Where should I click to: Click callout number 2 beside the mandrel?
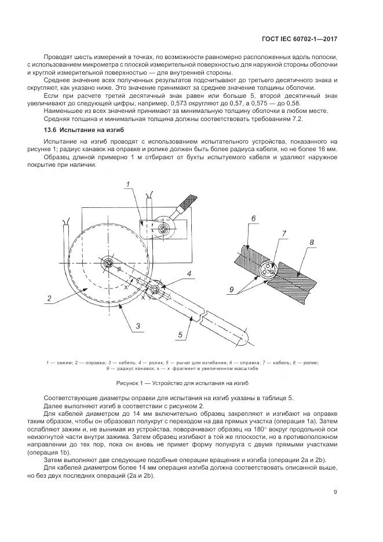tap(50, 299)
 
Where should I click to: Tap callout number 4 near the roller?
tap(188, 273)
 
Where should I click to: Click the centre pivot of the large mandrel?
tap(108, 263)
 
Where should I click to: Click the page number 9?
tap(335, 492)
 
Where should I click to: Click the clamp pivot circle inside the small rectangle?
tap(164, 229)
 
